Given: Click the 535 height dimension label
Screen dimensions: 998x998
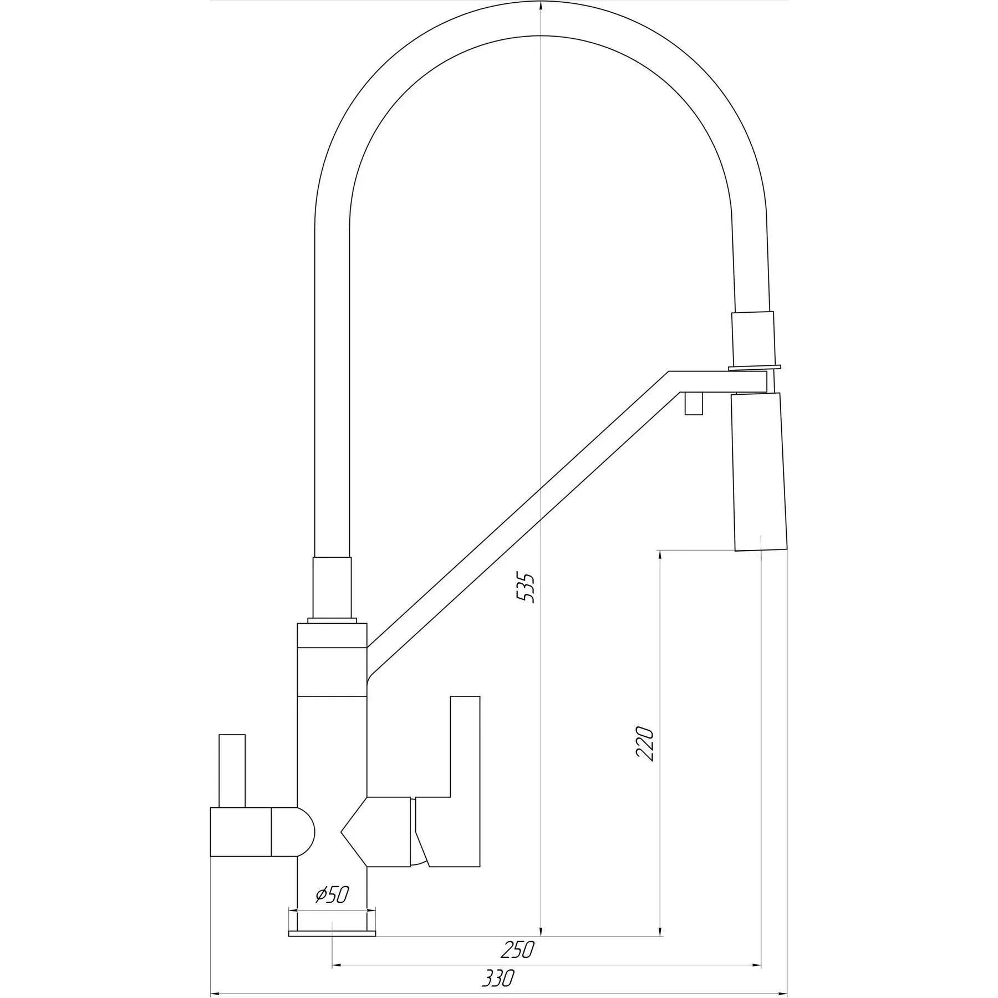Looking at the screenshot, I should click(x=526, y=588).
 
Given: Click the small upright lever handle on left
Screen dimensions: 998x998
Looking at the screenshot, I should click(x=232, y=771).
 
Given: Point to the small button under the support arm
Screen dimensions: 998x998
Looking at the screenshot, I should click(x=694, y=403).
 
